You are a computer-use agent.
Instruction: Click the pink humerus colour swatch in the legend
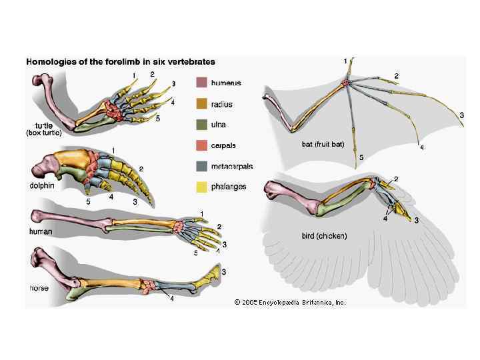coord(201,83)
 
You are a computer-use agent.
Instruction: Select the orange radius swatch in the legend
coord(201,104)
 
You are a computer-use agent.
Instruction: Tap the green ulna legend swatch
coord(201,125)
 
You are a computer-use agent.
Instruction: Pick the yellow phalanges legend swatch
coord(201,187)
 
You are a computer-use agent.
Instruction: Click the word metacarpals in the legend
coord(232,166)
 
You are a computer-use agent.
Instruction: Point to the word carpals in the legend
coord(223,145)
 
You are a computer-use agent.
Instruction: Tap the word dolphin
coord(41,185)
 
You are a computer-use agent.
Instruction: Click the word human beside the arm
coord(40,231)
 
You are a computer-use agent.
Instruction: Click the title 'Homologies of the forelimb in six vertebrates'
coord(121,61)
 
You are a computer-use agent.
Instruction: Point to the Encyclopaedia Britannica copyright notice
coord(290,302)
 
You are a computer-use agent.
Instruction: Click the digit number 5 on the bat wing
coord(361,157)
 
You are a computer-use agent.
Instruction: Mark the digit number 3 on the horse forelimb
coord(223,271)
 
